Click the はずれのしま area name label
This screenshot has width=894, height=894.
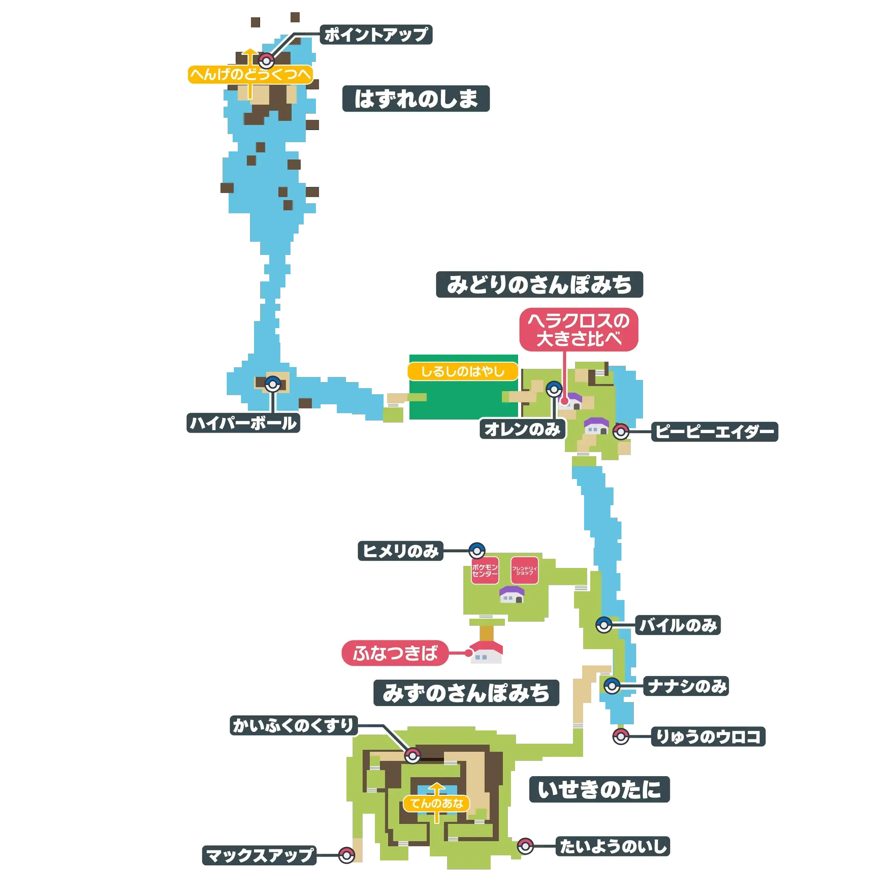pyautogui.click(x=416, y=98)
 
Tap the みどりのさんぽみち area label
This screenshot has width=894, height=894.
pyautogui.click(x=539, y=284)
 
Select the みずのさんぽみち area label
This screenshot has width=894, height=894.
pyautogui.click(x=467, y=693)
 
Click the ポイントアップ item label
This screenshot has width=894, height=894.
pyautogui.click(x=376, y=35)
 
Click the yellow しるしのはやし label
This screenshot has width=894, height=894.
pyautogui.click(x=462, y=371)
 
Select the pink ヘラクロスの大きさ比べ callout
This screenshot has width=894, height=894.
pyautogui.click(x=579, y=330)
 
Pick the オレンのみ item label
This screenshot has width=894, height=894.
pyautogui.click(x=522, y=429)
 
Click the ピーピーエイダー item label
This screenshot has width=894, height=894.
pyautogui.click(x=715, y=432)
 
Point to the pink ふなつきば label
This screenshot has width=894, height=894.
pyautogui.click(x=395, y=653)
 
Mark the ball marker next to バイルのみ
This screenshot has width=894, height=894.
pyautogui.click(x=603, y=625)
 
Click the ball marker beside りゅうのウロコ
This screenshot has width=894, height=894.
pyautogui.click(x=620, y=736)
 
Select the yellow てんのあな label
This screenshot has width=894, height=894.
pyautogui.click(x=437, y=803)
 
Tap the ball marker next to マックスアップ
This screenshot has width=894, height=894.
pyautogui.click(x=346, y=855)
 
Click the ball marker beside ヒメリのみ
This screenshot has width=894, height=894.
pyautogui.click(x=476, y=551)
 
